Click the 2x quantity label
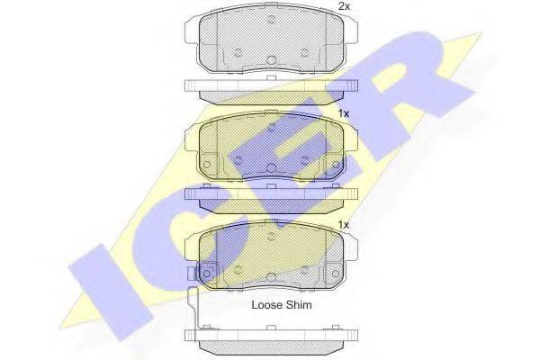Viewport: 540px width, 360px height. point(344,6)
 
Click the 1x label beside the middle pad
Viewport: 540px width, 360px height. point(344,113)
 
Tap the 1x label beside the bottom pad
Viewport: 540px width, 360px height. point(344,225)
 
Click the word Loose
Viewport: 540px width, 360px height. point(266,304)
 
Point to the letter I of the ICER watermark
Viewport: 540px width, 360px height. point(110,291)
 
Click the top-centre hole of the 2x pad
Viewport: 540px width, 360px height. point(272,20)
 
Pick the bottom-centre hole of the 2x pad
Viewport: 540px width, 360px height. point(272,60)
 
